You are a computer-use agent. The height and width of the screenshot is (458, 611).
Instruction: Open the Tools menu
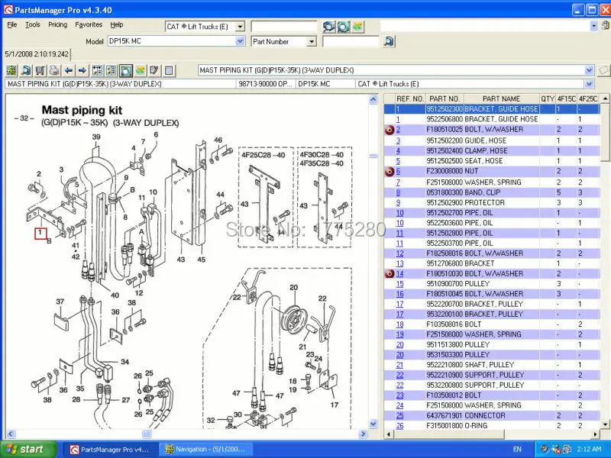pyautogui.click(x=33, y=24)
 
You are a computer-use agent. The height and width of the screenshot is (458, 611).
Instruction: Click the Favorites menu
pyautogui.click(x=89, y=24)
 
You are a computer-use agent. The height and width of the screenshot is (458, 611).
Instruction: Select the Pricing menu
pyautogui.click(x=58, y=24)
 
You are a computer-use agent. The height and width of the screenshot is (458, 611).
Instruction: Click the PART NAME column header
pyautogui.click(x=501, y=98)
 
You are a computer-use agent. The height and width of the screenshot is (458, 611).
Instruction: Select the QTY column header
pyautogui.click(x=548, y=98)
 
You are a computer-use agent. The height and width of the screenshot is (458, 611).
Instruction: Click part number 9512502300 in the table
pyautogui.click(x=444, y=109)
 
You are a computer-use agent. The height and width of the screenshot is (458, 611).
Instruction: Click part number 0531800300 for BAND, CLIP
pyautogui.click(x=444, y=192)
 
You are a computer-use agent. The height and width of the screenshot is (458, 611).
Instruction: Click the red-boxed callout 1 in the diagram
pyautogui.click(x=40, y=233)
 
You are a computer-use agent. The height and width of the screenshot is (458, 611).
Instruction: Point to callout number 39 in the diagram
pyautogui.click(x=96, y=137)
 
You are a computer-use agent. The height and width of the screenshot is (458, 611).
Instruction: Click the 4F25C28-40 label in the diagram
pyautogui.click(x=263, y=154)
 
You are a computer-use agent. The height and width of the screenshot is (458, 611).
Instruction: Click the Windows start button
pyautogui.click(x=27, y=449)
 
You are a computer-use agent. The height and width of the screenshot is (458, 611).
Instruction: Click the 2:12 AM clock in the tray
pyautogui.click(x=590, y=449)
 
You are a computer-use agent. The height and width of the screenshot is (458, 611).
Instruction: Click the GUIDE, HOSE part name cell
pyautogui.click(x=486, y=140)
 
